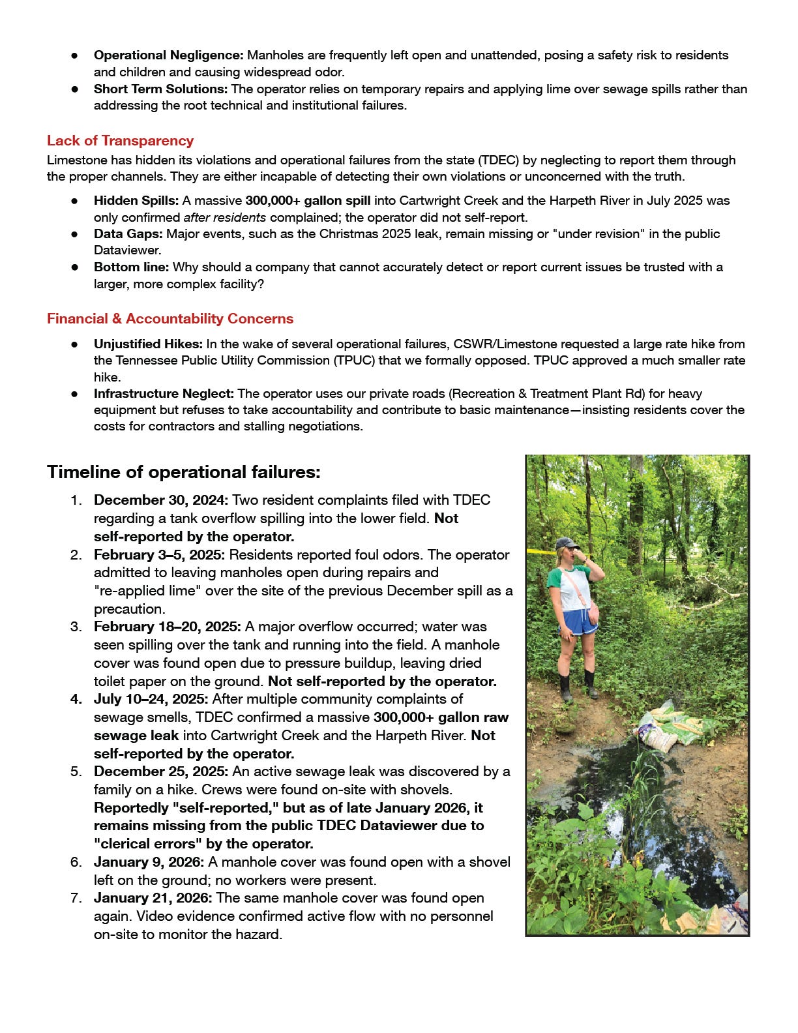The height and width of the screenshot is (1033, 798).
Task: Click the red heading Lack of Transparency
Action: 120,141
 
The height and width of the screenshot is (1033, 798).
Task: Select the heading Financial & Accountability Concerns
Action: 170,319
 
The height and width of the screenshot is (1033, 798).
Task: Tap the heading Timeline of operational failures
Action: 183,472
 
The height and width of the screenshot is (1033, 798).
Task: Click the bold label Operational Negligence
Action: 168,55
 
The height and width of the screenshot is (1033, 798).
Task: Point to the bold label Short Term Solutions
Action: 160,89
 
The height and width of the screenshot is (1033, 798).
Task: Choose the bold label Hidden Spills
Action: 136,201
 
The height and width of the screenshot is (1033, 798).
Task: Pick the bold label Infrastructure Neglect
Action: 164,393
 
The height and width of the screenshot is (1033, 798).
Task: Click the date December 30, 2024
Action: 160,500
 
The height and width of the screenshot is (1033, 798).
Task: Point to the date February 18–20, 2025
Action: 167,627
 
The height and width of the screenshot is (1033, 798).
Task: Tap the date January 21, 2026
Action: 153,898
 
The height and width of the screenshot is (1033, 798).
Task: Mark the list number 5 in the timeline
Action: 76,771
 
